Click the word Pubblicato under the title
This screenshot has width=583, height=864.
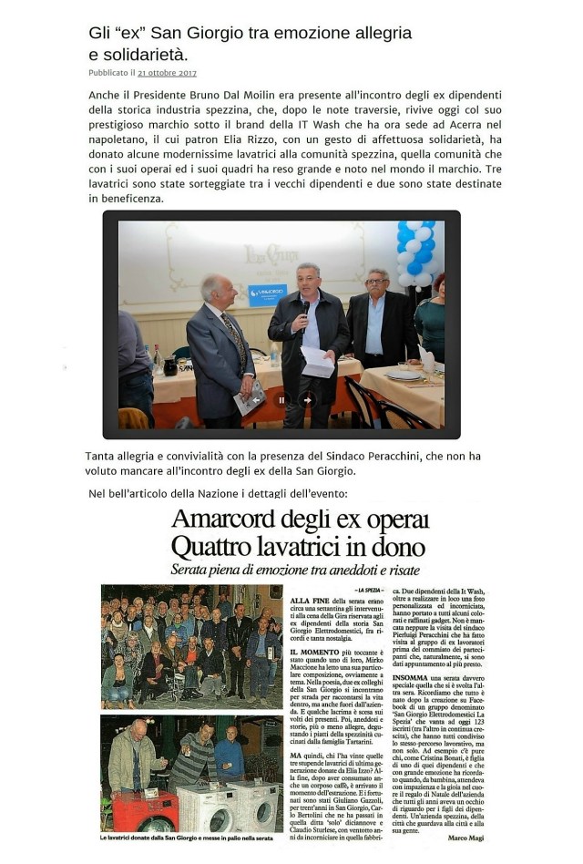click(x=107, y=73)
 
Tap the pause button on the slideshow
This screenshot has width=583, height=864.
click(x=281, y=399)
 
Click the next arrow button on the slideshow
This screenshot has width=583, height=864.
click(x=308, y=399)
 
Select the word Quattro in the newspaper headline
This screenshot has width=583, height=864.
click(x=219, y=547)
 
